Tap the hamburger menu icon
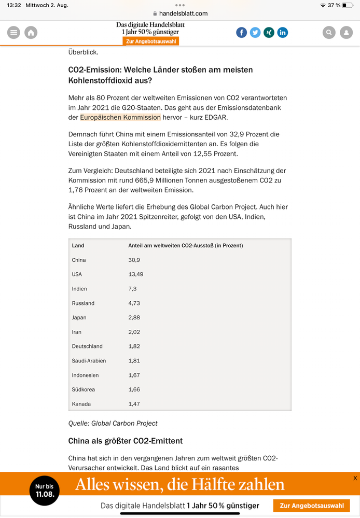point(13,33)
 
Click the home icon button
point(31,33)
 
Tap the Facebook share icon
point(242,33)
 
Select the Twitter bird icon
point(255,33)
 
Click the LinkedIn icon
point(283,33)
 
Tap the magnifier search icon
point(329,33)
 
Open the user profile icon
point(346,33)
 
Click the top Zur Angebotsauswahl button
point(151,41)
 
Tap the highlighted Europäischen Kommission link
point(120,117)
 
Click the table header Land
point(78,245)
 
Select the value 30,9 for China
point(134,260)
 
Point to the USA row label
point(77,274)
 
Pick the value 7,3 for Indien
point(132,289)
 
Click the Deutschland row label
point(87,346)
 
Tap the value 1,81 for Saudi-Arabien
point(134,360)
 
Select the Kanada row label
point(81,403)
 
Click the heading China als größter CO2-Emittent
point(126,441)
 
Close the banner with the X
point(355,478)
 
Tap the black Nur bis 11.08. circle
point(45,491)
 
